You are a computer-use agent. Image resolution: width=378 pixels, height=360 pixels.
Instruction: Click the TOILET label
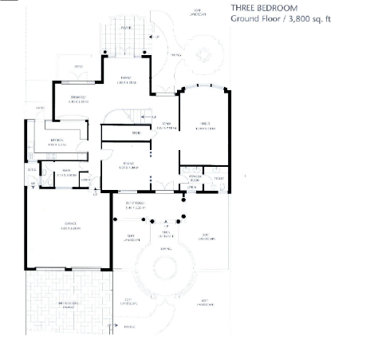click(x=219, y=180)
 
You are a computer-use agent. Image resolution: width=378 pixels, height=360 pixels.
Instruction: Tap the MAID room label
click(x=69, y=172)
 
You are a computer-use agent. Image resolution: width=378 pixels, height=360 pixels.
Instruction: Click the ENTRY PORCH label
click(x=132, y=205)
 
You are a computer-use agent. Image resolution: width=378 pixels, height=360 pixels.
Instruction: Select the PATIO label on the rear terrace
click(x=126, y=26)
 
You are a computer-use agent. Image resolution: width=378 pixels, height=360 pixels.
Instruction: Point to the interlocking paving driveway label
click(x=69, y=305)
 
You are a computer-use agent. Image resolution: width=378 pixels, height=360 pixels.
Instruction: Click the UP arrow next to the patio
click(x=156, y=37)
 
